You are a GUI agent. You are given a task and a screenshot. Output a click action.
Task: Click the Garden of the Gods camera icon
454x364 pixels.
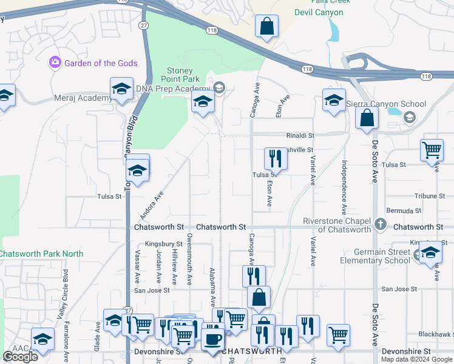(x=55, y=62)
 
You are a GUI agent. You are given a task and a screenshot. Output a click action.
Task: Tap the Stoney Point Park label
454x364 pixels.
(x=180, y=74)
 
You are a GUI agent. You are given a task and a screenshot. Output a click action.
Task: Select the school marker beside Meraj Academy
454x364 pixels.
(x=121, y=89)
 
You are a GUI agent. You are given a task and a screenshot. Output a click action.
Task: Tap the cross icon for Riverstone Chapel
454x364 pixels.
(x=380, y=224)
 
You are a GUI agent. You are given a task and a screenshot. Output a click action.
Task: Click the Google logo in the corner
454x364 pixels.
(x=20, y=357)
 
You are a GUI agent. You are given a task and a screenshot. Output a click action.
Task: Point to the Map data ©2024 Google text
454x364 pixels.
(x=415, y=359)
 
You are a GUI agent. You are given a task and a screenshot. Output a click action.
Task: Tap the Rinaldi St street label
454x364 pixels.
(x=300, y=136)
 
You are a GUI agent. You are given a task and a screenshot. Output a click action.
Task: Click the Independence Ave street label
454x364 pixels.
(x=344, y=186)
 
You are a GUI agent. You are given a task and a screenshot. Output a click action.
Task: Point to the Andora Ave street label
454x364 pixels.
(x=152, y=205)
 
